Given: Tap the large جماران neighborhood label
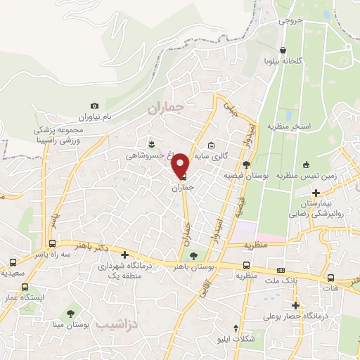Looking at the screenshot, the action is pyautogui.click(x=166, y=108).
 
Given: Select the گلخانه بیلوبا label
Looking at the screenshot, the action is pyautogui.click(x=282, y=61).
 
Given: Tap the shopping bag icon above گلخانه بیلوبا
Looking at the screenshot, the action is pyautogui.click(x=282, y=51).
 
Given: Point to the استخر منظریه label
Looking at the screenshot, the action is pyautogui.click(x=288, y=126).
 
